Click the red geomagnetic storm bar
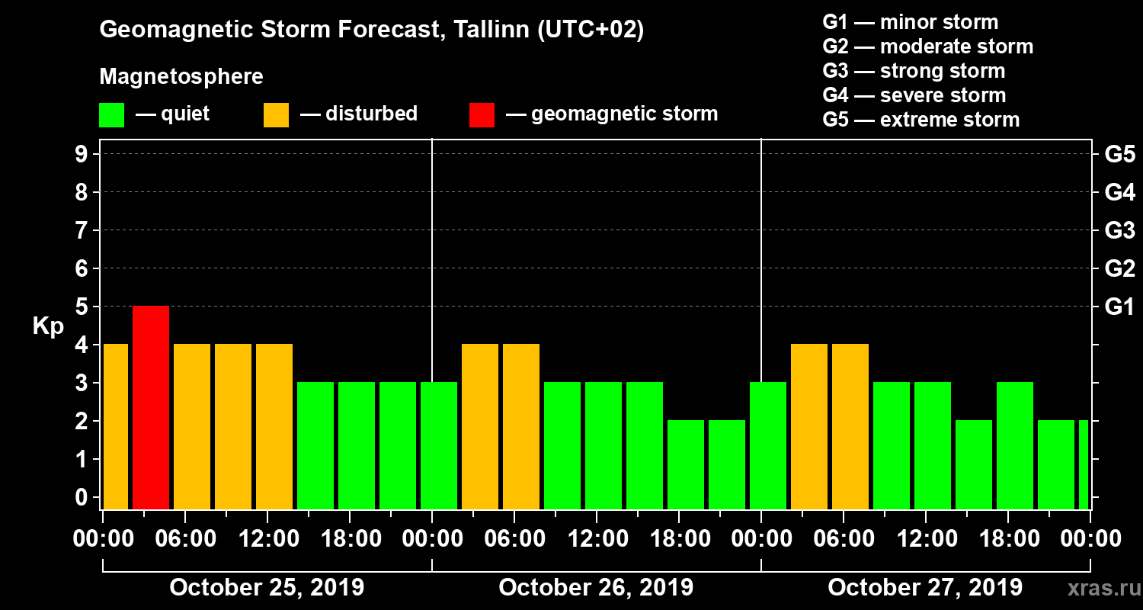click(151, 407)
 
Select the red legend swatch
click(482, 114)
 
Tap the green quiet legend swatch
click(111, 114)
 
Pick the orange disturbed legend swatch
click(276, 114)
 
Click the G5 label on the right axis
click(1119, 155)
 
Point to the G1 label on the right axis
click(1119, 307)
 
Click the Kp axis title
click(48, 326)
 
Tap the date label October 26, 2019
click(596, 588)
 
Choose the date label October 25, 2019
click(267, 588)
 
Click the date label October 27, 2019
click(925, 588)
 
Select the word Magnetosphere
click(181, 77)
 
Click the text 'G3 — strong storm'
click(914, 71)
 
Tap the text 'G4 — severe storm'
click(914, 95)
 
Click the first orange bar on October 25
click(115, 426)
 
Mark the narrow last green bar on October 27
click(1084, 464)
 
